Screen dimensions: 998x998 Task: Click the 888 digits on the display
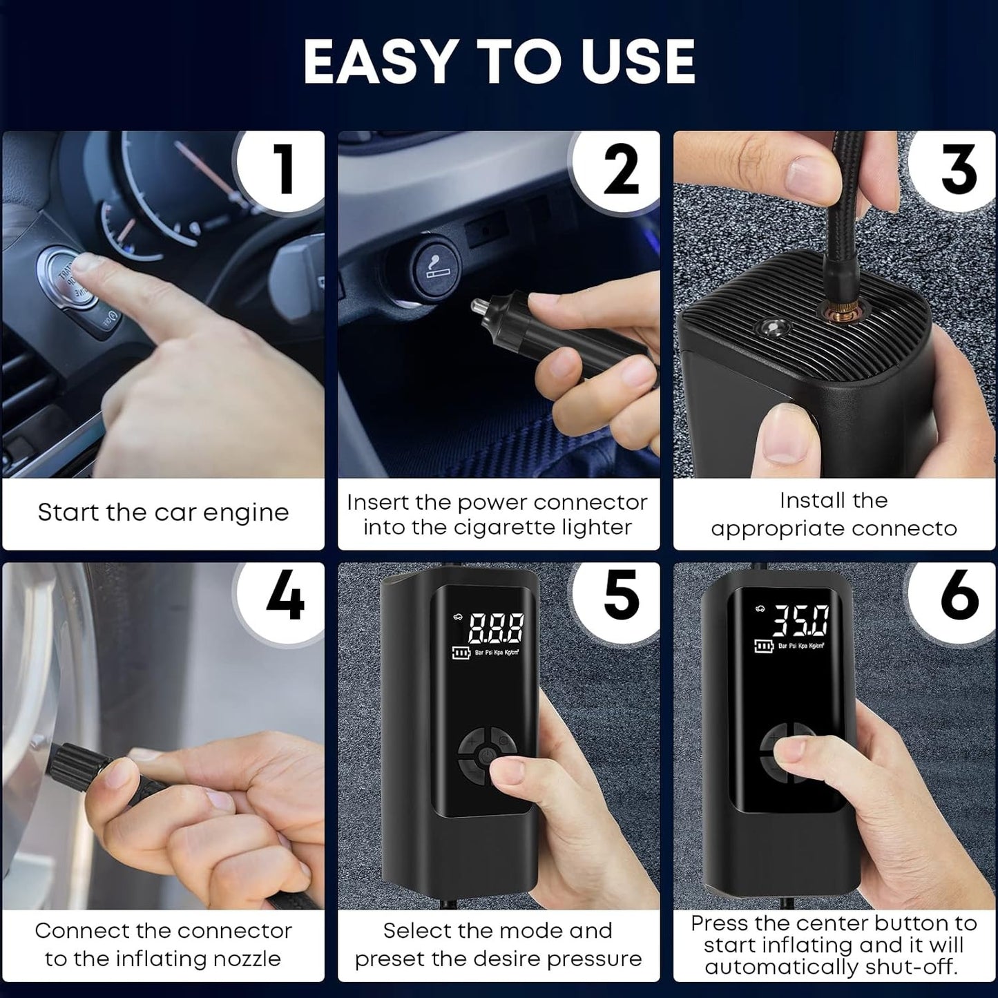pyautogui.click(x=496, y=628)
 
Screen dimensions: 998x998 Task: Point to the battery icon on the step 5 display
pyautogui.click(x=461, y=653)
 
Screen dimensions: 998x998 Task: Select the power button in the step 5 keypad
pyautogui.click(x=485, y=756)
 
